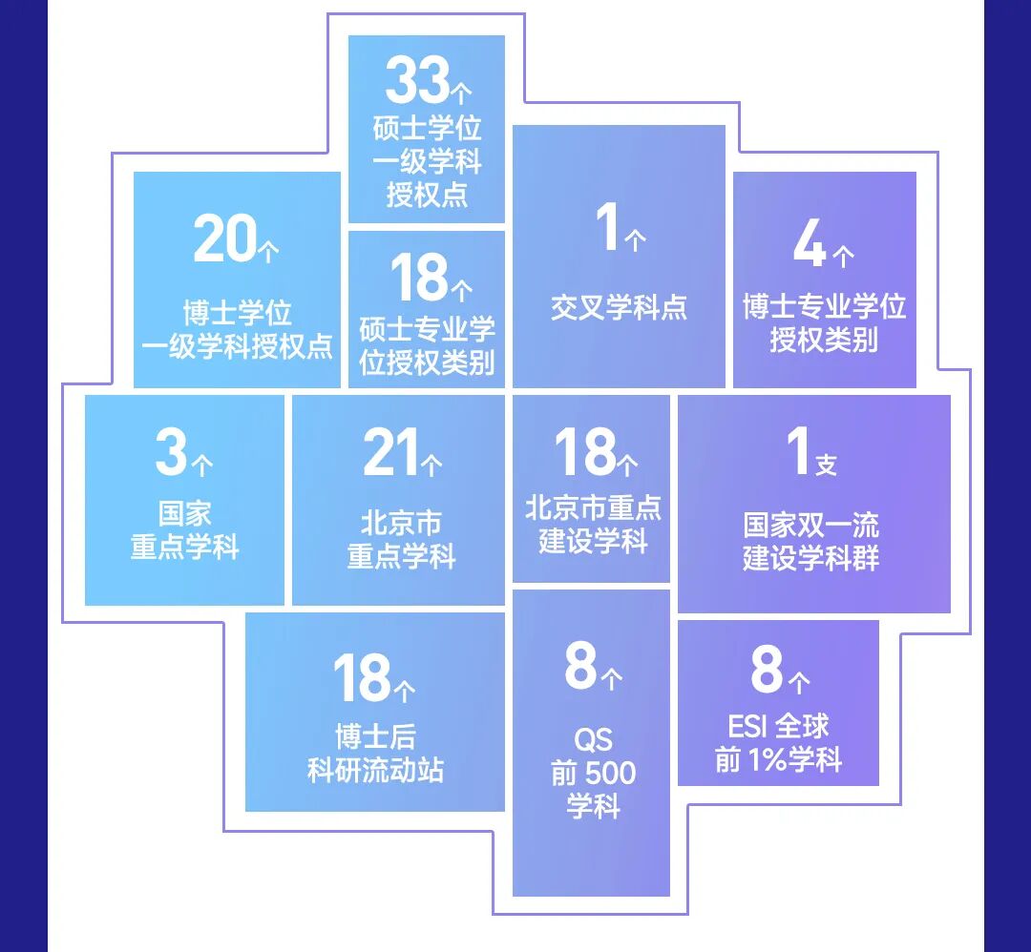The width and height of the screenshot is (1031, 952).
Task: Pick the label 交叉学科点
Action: point(619,307)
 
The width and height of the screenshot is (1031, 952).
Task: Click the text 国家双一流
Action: point(811,526)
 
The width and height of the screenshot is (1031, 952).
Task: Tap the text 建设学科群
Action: point(811,558)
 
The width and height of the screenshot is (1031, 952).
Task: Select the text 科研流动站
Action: point(375,770)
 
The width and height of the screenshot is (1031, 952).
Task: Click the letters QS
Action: point(593,740)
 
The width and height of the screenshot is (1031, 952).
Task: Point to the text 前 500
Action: point(593,774)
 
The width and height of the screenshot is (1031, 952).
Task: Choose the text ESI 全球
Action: point(778,727)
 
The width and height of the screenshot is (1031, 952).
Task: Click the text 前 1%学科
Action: point(778,760)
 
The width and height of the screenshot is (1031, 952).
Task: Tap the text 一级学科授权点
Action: point(237,346)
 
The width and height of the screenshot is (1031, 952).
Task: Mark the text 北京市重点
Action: point(593,507)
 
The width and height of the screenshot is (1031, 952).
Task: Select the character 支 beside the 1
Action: point(826,466)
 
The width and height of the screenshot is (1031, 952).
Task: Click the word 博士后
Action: point(375,737)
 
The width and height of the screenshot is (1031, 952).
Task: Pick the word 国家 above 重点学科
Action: point(184,514)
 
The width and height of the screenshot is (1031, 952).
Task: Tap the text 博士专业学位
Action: point(824,307)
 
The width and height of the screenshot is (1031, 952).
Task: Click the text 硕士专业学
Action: point(427,330)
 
